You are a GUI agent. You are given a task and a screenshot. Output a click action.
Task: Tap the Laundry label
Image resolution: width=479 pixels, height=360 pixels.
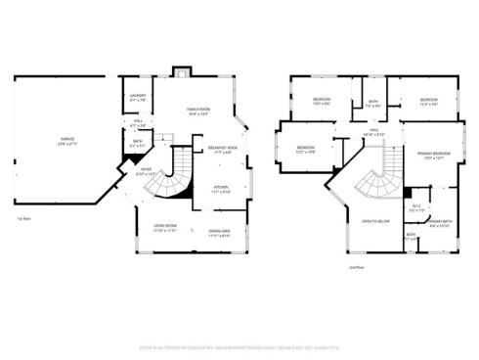(138, 96)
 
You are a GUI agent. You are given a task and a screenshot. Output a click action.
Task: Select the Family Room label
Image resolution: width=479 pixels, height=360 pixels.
(199, 110)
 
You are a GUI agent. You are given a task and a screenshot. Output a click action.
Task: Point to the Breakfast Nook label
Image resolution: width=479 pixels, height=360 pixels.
(225, 149)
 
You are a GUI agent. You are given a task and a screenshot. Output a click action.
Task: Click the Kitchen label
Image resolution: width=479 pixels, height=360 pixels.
(221, 189)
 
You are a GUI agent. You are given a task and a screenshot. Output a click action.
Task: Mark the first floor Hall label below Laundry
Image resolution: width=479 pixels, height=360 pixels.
(139, 122)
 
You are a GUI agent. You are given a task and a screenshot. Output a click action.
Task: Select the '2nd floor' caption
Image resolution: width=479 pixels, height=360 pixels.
(356, 267)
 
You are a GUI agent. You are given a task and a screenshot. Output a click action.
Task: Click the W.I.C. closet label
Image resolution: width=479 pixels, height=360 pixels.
(416, 205)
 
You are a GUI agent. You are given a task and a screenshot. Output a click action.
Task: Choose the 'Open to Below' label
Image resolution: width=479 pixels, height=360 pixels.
(376, 222)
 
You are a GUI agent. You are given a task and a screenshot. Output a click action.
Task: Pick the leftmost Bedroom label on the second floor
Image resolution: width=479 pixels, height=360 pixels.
(305, 150)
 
